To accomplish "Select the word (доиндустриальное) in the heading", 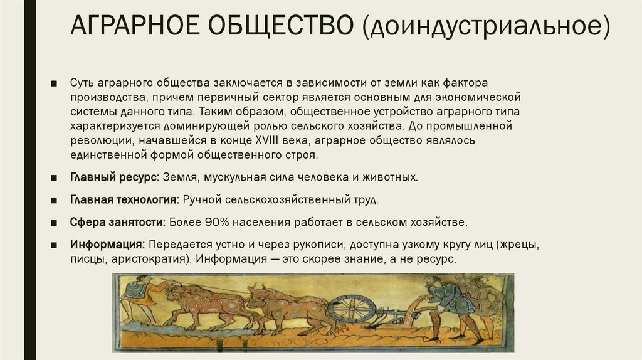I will point(491,28).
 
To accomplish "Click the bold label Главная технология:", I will point(125,200).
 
